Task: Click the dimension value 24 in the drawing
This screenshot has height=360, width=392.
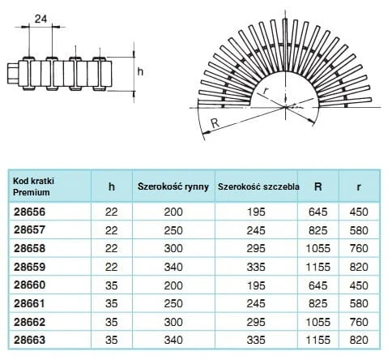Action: pos(40,19)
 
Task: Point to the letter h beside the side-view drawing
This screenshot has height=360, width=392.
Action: pos(140,71)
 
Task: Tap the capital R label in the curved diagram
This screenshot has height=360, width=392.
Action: pos(215,123)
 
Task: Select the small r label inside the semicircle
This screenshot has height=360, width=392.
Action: pos(265,92)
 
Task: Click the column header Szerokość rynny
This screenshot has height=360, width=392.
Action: pos(173,186)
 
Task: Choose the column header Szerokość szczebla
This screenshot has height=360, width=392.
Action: pos(258,186)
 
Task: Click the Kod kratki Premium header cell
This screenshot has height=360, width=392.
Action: pos(33,186)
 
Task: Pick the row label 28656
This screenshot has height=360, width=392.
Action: pos(30,212)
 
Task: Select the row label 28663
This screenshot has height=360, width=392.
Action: pos(30,340)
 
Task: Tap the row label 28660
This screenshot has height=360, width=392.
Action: pos(30,285)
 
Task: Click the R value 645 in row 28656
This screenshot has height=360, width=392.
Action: pos(318,212)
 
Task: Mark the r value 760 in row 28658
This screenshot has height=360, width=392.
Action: pos(359,248)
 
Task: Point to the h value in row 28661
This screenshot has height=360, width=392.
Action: pos(112,303)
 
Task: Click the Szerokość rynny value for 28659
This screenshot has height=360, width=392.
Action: pos(173,267)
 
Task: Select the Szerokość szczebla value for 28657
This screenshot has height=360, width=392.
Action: pos(256,230)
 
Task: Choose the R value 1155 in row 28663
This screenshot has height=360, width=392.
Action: pos(318,340)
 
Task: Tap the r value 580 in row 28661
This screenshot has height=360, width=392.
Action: pos(359,303)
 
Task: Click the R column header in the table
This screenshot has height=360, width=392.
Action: pos(318,186)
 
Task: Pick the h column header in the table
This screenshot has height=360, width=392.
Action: pos(112,186)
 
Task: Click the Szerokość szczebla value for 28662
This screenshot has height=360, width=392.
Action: pos(256,322)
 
